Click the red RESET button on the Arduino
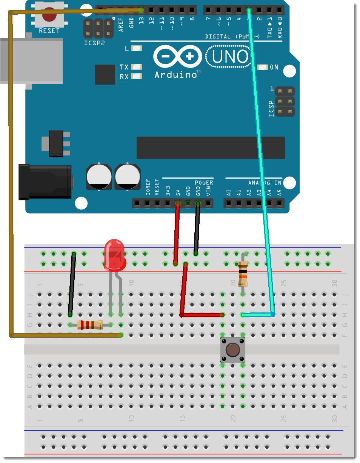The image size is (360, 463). coord(49,16)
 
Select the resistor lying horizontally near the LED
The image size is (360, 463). coord(90,325)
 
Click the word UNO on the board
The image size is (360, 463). coord(229,57)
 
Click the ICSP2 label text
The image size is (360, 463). coord(94,43)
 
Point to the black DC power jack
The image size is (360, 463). coord(45,182)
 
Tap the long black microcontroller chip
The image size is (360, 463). coord(211,148)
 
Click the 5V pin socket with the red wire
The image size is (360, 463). coord(177,204)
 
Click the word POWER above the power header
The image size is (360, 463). coord(204,183)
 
